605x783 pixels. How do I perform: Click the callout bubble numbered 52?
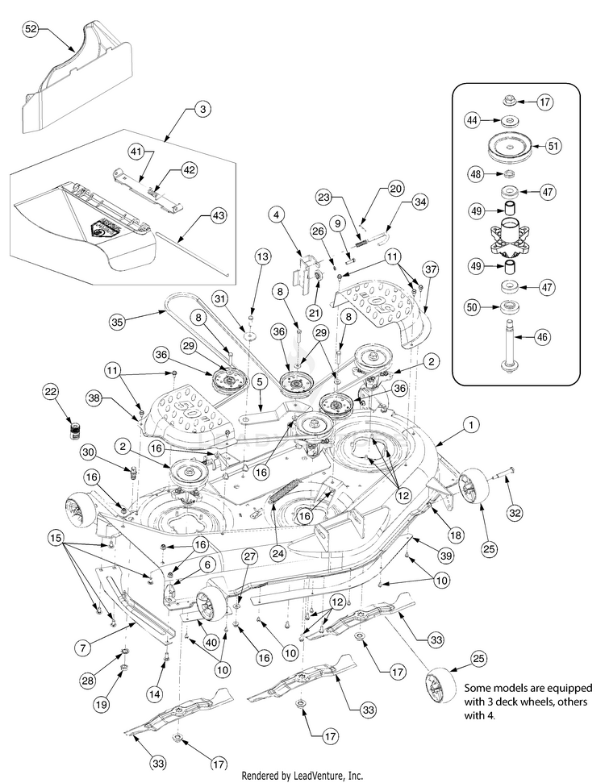click(31, 28)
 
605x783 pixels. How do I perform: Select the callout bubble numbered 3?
click(202, 108)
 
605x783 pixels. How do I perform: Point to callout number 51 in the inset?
click(553, 146)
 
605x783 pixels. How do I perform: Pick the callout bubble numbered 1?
click(472, 422)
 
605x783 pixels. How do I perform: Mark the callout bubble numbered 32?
click(514, 511)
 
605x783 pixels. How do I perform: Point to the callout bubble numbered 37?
click(431, 268)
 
